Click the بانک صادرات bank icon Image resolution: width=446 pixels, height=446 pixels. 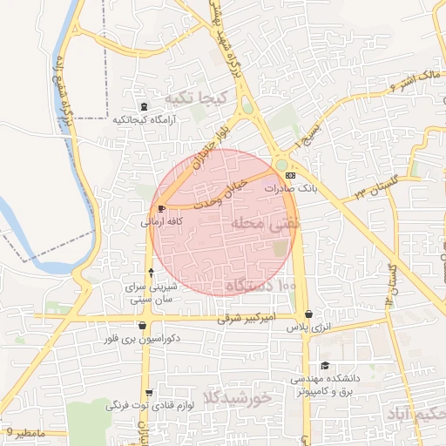(290, 175)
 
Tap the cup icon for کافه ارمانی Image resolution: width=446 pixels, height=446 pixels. (161, 208)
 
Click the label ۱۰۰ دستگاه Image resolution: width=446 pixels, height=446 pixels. (261, 286)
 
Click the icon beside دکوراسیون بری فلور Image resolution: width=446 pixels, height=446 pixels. (142, 326)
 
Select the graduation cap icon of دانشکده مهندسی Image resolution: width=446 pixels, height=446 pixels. (325, 366)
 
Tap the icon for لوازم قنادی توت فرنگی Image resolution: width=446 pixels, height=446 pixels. (149, 393)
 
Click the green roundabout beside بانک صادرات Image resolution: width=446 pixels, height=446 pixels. (281, 164)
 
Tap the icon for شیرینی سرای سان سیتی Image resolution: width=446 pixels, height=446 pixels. (151, 274)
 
